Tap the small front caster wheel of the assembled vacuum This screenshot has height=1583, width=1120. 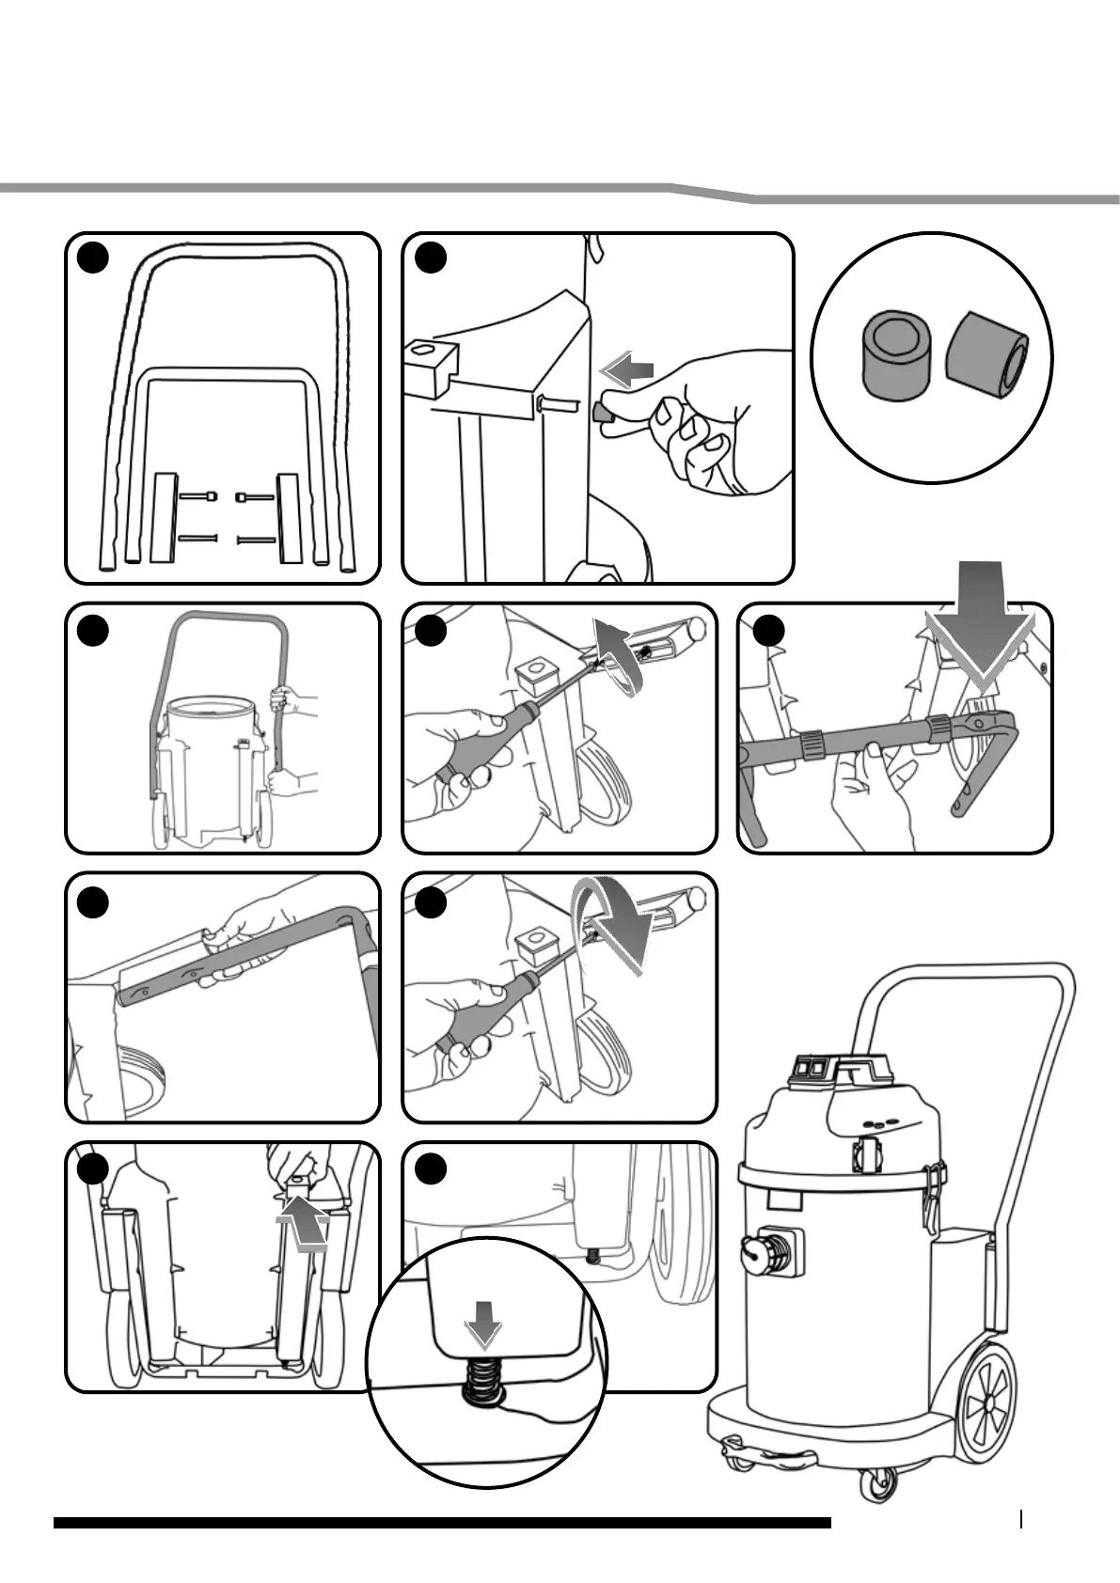(x=874, y=1483)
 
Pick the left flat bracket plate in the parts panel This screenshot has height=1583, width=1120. (x=165, y=516)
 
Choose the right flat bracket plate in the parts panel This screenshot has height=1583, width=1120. (x=288, y=516)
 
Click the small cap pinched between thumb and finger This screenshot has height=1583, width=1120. (x=600, y=412)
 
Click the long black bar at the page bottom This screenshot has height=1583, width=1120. (x=442, y=1522)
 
